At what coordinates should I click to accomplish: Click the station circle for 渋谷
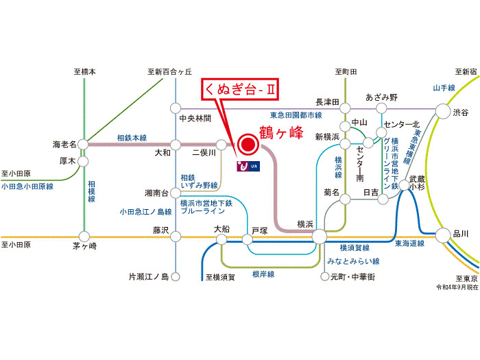[442, 111]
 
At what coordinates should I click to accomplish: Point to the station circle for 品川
[443, 234]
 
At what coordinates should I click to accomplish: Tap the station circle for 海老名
[84, 144]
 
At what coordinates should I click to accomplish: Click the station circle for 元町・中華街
[325, 277]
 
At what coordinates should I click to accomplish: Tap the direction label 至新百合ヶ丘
[169, 72]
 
